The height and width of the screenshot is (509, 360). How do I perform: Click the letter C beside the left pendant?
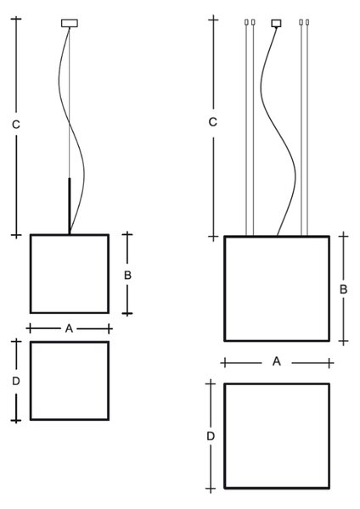16,125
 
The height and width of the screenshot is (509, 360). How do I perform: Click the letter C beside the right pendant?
212,122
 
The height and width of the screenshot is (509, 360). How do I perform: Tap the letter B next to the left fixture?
127,275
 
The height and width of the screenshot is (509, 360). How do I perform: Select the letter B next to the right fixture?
343,289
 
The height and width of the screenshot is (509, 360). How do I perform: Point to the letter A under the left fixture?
69,329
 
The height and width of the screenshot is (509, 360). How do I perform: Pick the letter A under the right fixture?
277,361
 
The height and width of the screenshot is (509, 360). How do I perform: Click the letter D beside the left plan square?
16,382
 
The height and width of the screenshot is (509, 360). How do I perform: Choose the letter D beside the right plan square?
211,437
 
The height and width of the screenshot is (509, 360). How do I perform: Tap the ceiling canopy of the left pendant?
70,23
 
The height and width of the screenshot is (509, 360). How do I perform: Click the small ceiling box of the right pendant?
277,23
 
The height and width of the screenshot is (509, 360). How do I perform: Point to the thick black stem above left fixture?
70,206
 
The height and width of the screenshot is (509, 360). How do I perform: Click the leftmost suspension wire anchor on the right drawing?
246,22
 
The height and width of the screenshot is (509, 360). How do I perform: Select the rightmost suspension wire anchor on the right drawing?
307,22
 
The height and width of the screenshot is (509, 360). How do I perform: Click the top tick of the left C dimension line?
16,19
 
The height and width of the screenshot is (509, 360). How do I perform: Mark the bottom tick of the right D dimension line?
211,489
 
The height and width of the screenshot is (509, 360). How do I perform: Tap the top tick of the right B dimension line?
343,236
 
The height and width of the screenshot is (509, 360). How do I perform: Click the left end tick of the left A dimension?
30,328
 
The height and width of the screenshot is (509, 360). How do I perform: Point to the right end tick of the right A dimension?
329,362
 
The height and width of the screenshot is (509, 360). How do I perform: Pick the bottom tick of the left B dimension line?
127,313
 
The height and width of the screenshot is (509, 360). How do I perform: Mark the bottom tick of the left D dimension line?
16,421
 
